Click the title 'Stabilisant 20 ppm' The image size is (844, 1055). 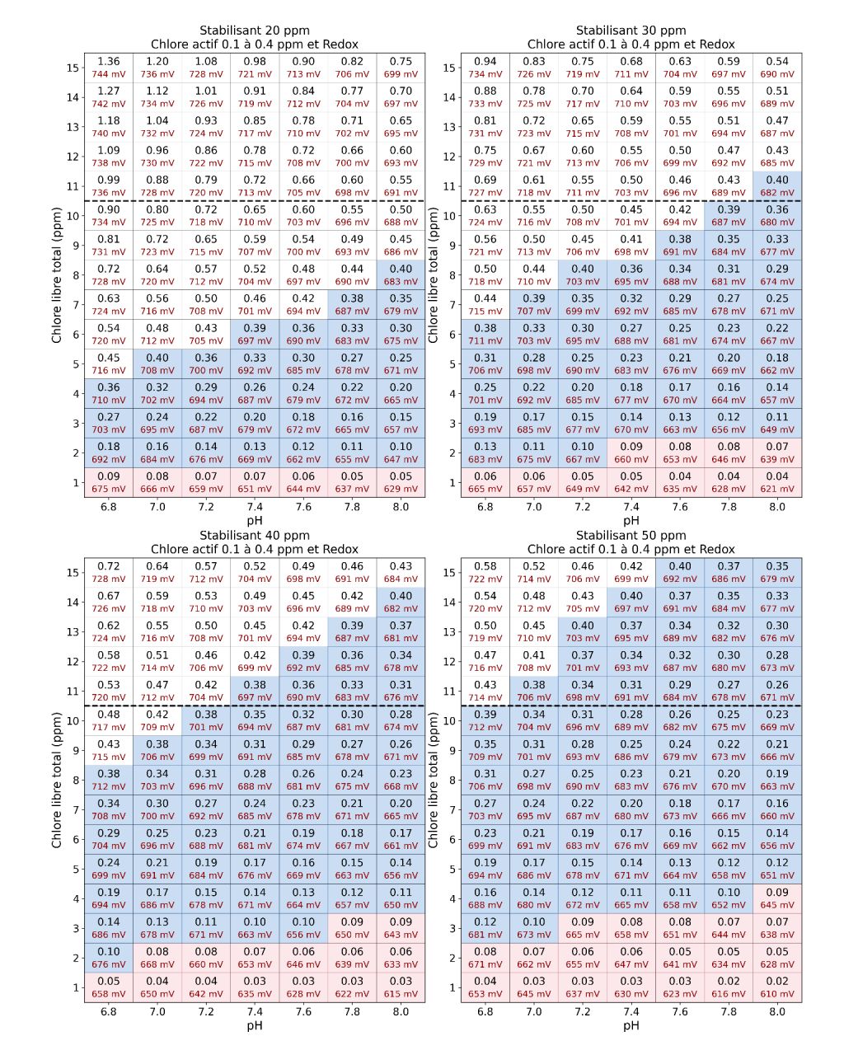coord(255,30)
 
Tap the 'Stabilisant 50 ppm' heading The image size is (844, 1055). coord(631,536)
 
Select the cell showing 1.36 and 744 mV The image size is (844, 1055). coord(108,68)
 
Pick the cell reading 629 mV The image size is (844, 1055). coord(401,482)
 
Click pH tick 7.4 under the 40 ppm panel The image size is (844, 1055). coord(255,1011)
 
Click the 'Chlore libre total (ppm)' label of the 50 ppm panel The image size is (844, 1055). coord(433,780)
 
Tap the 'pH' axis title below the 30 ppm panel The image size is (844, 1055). coord(631,520)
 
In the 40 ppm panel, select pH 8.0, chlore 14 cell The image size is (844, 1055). coord(401,602)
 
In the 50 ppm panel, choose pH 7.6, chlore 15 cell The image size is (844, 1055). coord(680,572)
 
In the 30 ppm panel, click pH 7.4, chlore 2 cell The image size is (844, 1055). coord(631,453)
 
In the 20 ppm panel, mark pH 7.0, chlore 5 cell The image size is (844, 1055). coord(157,363)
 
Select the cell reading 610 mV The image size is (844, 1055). coord(777,987)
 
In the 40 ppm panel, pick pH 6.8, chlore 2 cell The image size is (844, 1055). coord(108,958)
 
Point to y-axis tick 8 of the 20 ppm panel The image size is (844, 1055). coord(76,275)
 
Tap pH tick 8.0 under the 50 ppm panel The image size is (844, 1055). coord(777,1011)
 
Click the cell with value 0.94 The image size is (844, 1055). coord(485,68)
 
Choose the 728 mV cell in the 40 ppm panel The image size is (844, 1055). coord(108,572)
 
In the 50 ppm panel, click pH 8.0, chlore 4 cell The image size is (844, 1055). coord(777,898)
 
